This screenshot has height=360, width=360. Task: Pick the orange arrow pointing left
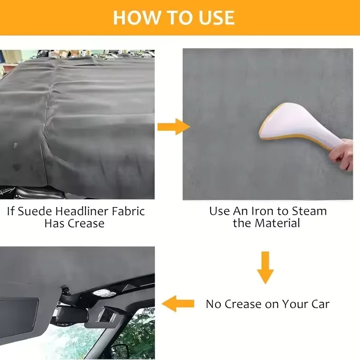178,304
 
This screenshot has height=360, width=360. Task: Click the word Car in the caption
319,304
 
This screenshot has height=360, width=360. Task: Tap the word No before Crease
213,304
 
